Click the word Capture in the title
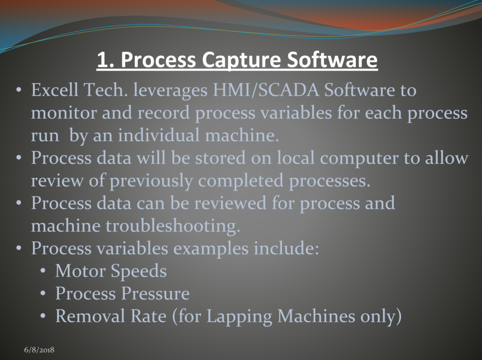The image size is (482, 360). point(241,60)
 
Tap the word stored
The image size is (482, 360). point(220,158)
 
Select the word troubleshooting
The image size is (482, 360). point(173,226)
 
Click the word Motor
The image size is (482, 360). point(80,271)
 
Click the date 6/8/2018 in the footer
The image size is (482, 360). point(40,350)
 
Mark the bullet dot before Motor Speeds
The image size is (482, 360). point(43,272)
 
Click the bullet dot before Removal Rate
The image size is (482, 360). point(43,317)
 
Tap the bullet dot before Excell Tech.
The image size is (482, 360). point(19,90)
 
